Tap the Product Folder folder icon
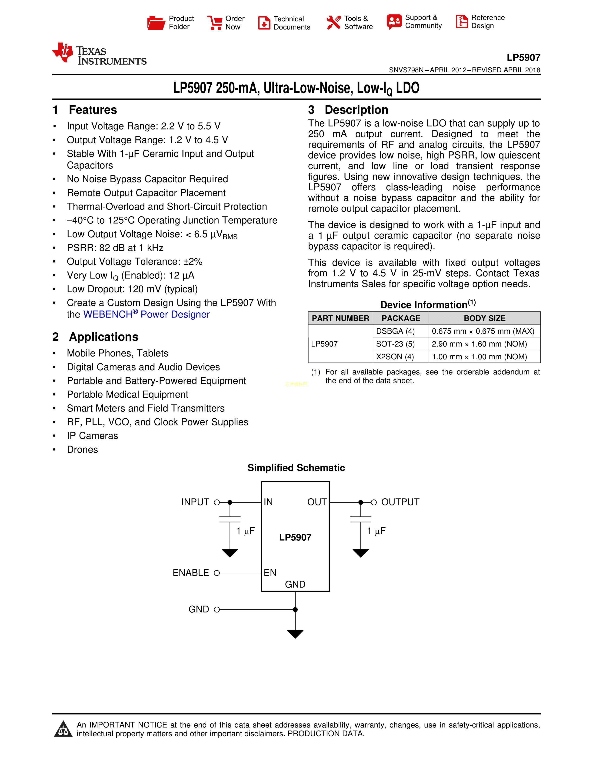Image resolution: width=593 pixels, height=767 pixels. click(156, 23)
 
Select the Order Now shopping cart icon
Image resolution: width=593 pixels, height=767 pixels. click(215, 23)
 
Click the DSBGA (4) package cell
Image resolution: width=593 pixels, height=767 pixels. click(395, 331)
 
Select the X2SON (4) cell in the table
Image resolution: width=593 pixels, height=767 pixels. click(395, 357)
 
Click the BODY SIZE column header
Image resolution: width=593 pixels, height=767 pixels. click(484, 318)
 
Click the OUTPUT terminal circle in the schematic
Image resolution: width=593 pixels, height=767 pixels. click(374, 503)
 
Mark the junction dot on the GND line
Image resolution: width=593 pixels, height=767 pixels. click(295, 610)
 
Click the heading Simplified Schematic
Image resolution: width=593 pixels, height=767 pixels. click(296, 468)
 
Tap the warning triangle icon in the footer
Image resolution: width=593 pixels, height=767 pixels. click(63, 729)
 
